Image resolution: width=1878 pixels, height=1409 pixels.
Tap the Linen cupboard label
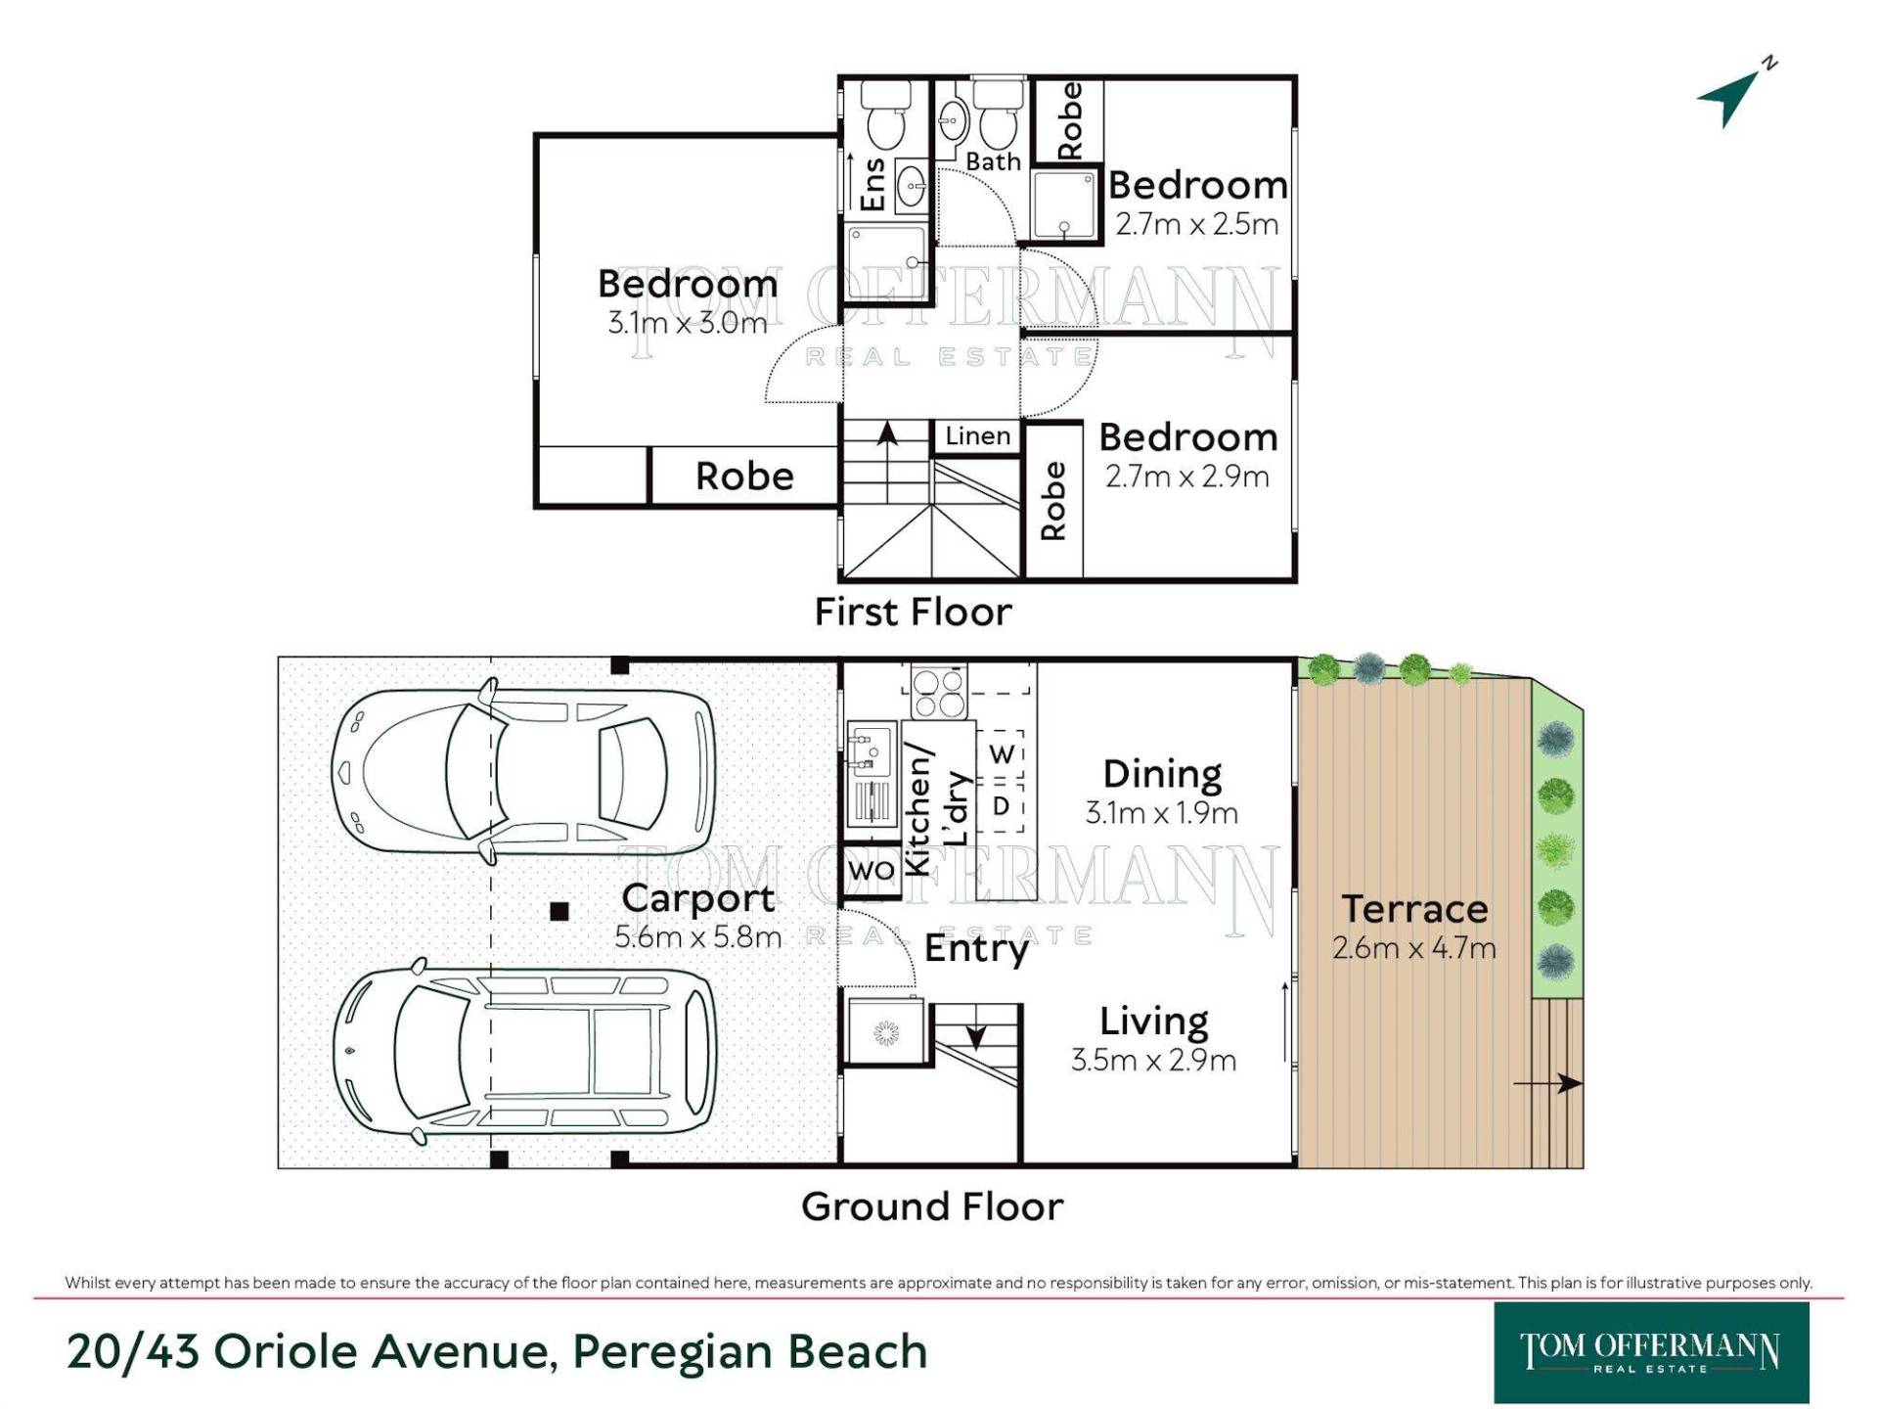tap(977, 435)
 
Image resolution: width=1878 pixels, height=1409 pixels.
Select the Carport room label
tap(697, 898)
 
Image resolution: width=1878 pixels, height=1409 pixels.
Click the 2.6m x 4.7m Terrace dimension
tap(1413, 948)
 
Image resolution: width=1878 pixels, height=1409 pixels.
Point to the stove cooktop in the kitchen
tap(939, 692)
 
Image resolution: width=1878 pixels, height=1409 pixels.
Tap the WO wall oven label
tap(871, 870)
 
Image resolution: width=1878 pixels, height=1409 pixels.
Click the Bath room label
tap(993, 161)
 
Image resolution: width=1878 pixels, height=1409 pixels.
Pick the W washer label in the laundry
tap(1002, 754)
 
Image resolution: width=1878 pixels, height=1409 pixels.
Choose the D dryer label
tap(1001, 806)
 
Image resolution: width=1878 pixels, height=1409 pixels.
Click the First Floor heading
tap(913, 612)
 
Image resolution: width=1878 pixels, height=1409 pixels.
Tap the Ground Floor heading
tap(932, 1206)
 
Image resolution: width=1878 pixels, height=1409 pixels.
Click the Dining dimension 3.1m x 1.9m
tap(1161, 813)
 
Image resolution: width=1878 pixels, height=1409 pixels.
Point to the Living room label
tap(1153, 1022)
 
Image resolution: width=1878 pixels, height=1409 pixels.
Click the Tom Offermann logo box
tap(1651, 1352)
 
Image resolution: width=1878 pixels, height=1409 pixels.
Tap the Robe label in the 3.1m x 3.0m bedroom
tap(744, 477)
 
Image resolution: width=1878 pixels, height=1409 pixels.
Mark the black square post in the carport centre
tap(559, 912)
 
